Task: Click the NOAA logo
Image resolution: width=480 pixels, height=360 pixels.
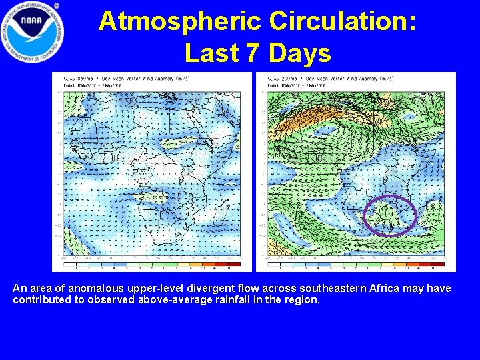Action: (32, 32)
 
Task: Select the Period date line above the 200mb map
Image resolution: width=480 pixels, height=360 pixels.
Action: (296, 85)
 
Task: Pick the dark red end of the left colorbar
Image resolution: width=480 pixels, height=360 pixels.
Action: (228, 264)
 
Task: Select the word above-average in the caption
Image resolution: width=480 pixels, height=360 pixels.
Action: (173, 300)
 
